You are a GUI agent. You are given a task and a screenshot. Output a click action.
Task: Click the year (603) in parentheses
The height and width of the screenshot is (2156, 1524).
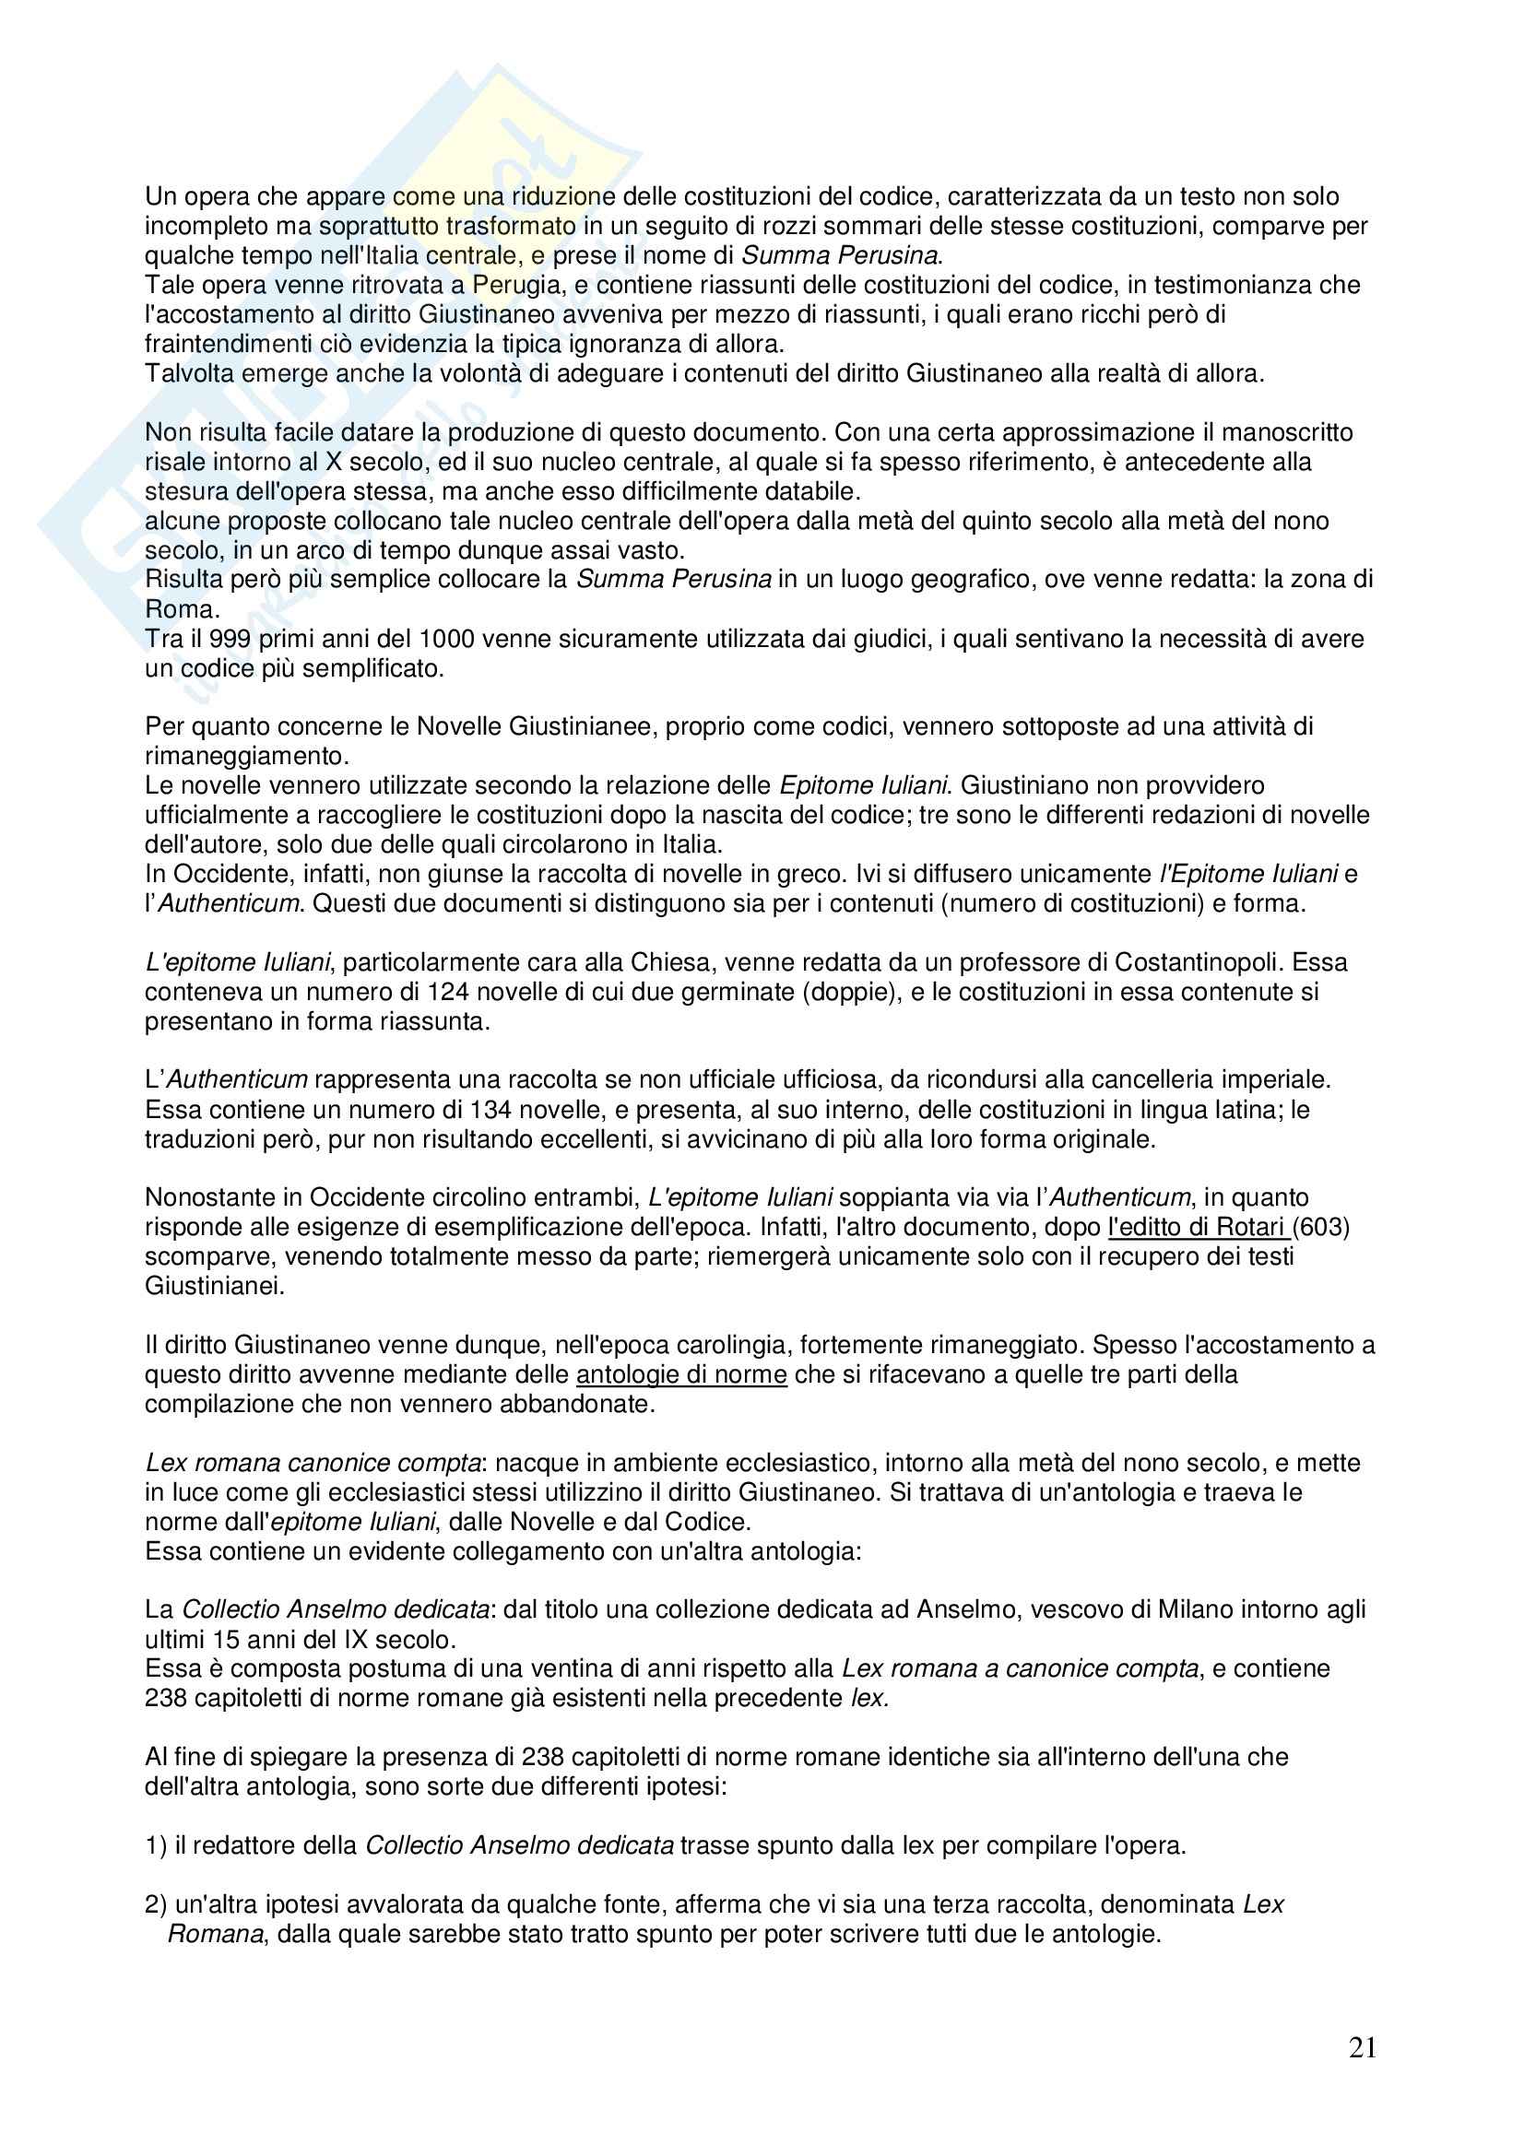point(1321,1227)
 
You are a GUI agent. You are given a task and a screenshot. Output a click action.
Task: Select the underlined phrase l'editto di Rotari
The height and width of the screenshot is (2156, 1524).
point(1197,1227)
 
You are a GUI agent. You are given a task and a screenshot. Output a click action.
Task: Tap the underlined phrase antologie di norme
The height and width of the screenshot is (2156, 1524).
point(680,1374)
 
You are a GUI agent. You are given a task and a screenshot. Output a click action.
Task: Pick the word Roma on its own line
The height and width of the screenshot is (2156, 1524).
point(181,609)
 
